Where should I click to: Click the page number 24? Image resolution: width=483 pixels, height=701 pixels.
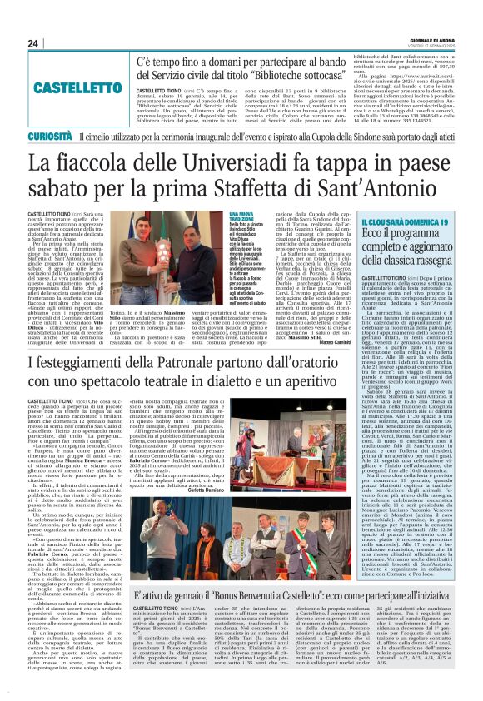tap(11, 43)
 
